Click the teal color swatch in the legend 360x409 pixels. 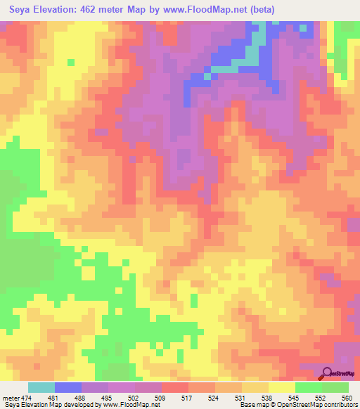(x=41, y=388)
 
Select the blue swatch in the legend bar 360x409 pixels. (x=68, y=388)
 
